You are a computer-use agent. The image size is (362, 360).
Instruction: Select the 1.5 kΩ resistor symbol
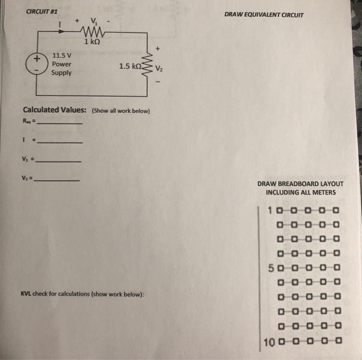tap(149, 66)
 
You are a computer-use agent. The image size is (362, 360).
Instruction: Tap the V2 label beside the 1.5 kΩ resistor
tap(159, 67)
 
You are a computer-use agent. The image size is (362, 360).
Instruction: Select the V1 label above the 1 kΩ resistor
tap(94, 21)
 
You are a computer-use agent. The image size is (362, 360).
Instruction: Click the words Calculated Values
tap(55, 110)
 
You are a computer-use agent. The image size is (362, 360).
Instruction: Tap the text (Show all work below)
tap(120, 111)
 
